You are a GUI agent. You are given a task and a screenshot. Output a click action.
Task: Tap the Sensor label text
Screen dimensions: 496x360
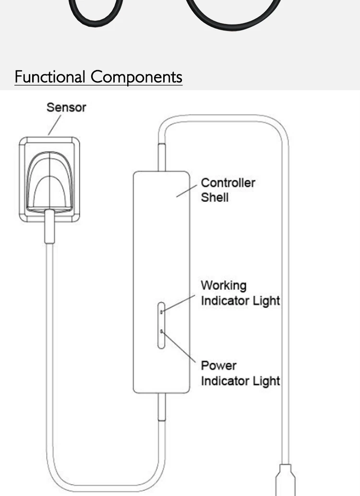(66, 107)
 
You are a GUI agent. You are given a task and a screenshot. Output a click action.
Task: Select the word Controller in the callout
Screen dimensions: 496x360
(228, 183)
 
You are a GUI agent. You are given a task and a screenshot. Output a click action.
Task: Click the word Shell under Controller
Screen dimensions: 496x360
(215, 197)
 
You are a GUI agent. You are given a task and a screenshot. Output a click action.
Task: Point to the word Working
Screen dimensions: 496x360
(224, 285)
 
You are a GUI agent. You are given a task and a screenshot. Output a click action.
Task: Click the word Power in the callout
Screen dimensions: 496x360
(218, 366)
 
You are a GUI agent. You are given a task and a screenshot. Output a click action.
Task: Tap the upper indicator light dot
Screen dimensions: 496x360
(162, 312)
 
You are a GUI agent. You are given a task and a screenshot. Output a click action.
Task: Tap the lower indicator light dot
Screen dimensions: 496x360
(162, 331)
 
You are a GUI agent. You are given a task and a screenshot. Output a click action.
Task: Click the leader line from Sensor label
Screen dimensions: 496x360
(54, 126)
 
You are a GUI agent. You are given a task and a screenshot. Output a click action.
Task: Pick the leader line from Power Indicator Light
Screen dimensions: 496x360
(180, 347)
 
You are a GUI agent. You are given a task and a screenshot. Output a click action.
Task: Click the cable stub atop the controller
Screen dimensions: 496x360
(162, 157)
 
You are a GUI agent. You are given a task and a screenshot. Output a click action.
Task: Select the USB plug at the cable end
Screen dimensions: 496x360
(285, 482)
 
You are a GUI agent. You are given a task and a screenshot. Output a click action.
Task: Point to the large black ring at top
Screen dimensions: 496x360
(234, 14)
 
